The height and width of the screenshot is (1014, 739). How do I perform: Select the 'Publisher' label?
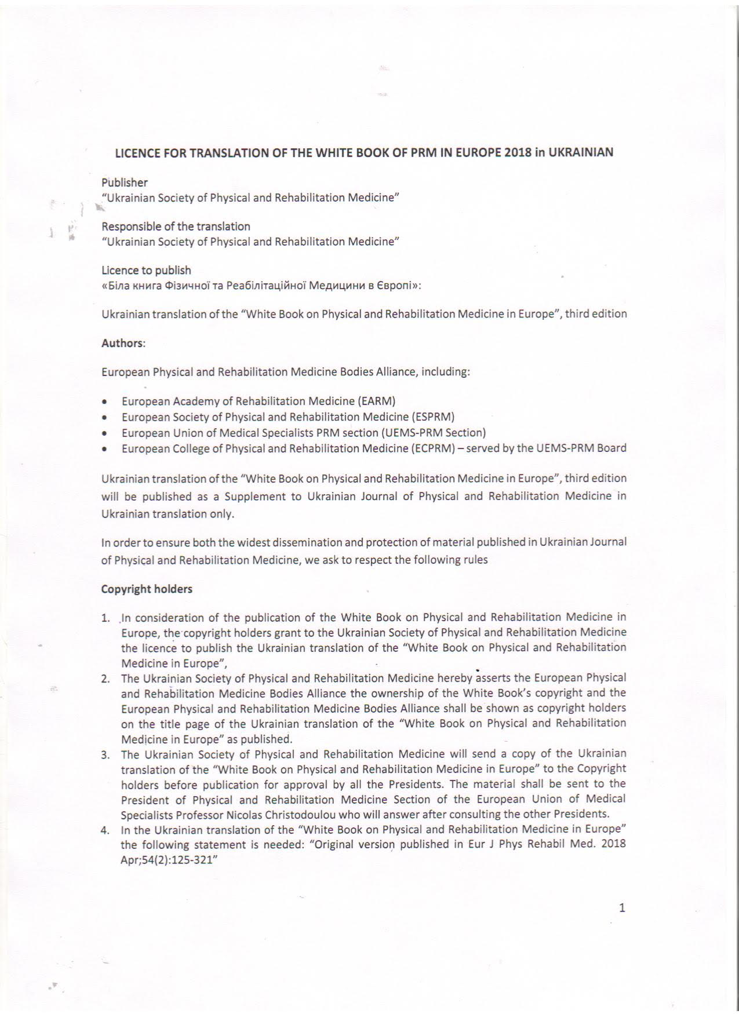(x=125, y=183)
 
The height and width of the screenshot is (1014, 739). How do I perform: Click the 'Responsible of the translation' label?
(x=176, y=227)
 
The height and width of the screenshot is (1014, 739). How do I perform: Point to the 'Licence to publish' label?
(x=146, y=270)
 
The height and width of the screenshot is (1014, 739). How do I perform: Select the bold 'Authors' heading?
(x=122, y=343)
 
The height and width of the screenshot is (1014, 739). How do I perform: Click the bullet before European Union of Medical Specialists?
(x=104, y=433)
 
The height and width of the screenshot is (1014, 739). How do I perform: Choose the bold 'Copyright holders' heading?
(x=147, y=589)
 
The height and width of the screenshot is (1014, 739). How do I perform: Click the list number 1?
(x=105, y=618)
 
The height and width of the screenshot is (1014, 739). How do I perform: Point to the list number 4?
(x=105, y=830)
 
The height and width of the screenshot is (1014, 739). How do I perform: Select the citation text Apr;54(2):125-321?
(x=166, y=860)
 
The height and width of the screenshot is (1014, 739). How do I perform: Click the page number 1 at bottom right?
(x=622, y=908)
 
